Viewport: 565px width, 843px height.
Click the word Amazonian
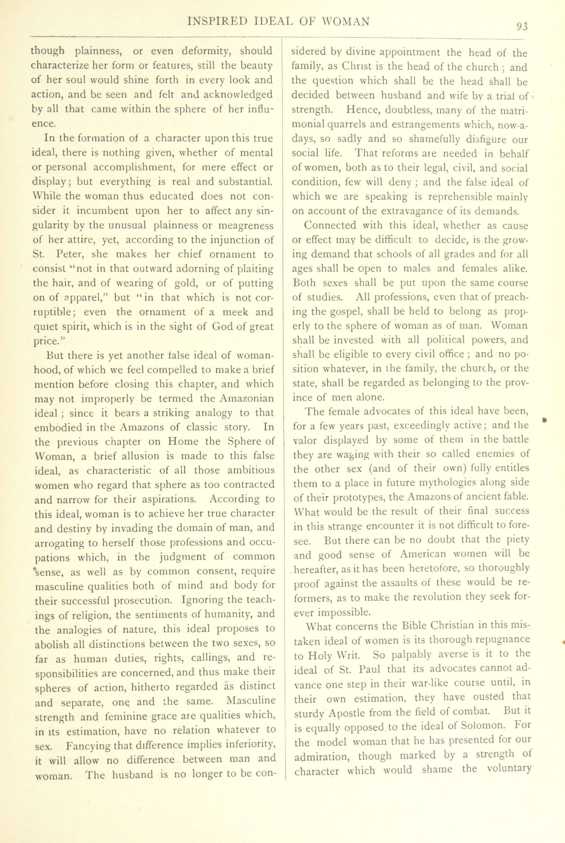[x=246, y=398]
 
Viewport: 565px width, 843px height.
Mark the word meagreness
[x=246, y=226]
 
